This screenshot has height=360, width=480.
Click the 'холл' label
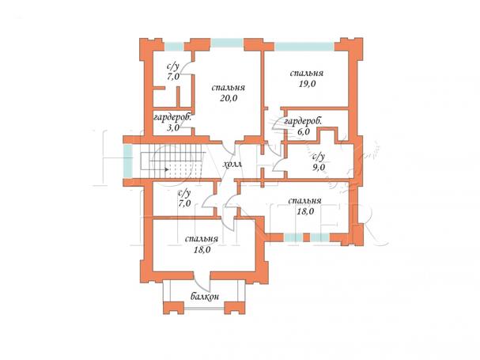coord(233,165)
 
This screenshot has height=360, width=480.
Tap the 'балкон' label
coord(205,297)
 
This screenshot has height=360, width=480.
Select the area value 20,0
coord(229,98)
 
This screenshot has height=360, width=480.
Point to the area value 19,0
coord(307,84)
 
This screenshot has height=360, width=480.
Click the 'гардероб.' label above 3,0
coord(172,118)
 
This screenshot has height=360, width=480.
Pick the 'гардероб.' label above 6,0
coord(303,122)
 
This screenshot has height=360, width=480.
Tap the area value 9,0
coord(319,167)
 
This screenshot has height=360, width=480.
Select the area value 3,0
coord(173,127)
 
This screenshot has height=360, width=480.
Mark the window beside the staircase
coord(127,161)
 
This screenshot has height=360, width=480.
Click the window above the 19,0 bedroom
coord(304,47)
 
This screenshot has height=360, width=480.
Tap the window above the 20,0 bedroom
coord(227,43)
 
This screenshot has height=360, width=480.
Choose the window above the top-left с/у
coord(174,47)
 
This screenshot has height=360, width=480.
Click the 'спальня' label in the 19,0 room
coord(307,74)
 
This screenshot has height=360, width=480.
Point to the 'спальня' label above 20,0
coord(229,88)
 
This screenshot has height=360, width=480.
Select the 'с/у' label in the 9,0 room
coord(319,157)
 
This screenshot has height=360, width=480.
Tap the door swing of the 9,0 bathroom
coord(278,164)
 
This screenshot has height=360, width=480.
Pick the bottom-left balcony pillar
coord(173,308)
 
